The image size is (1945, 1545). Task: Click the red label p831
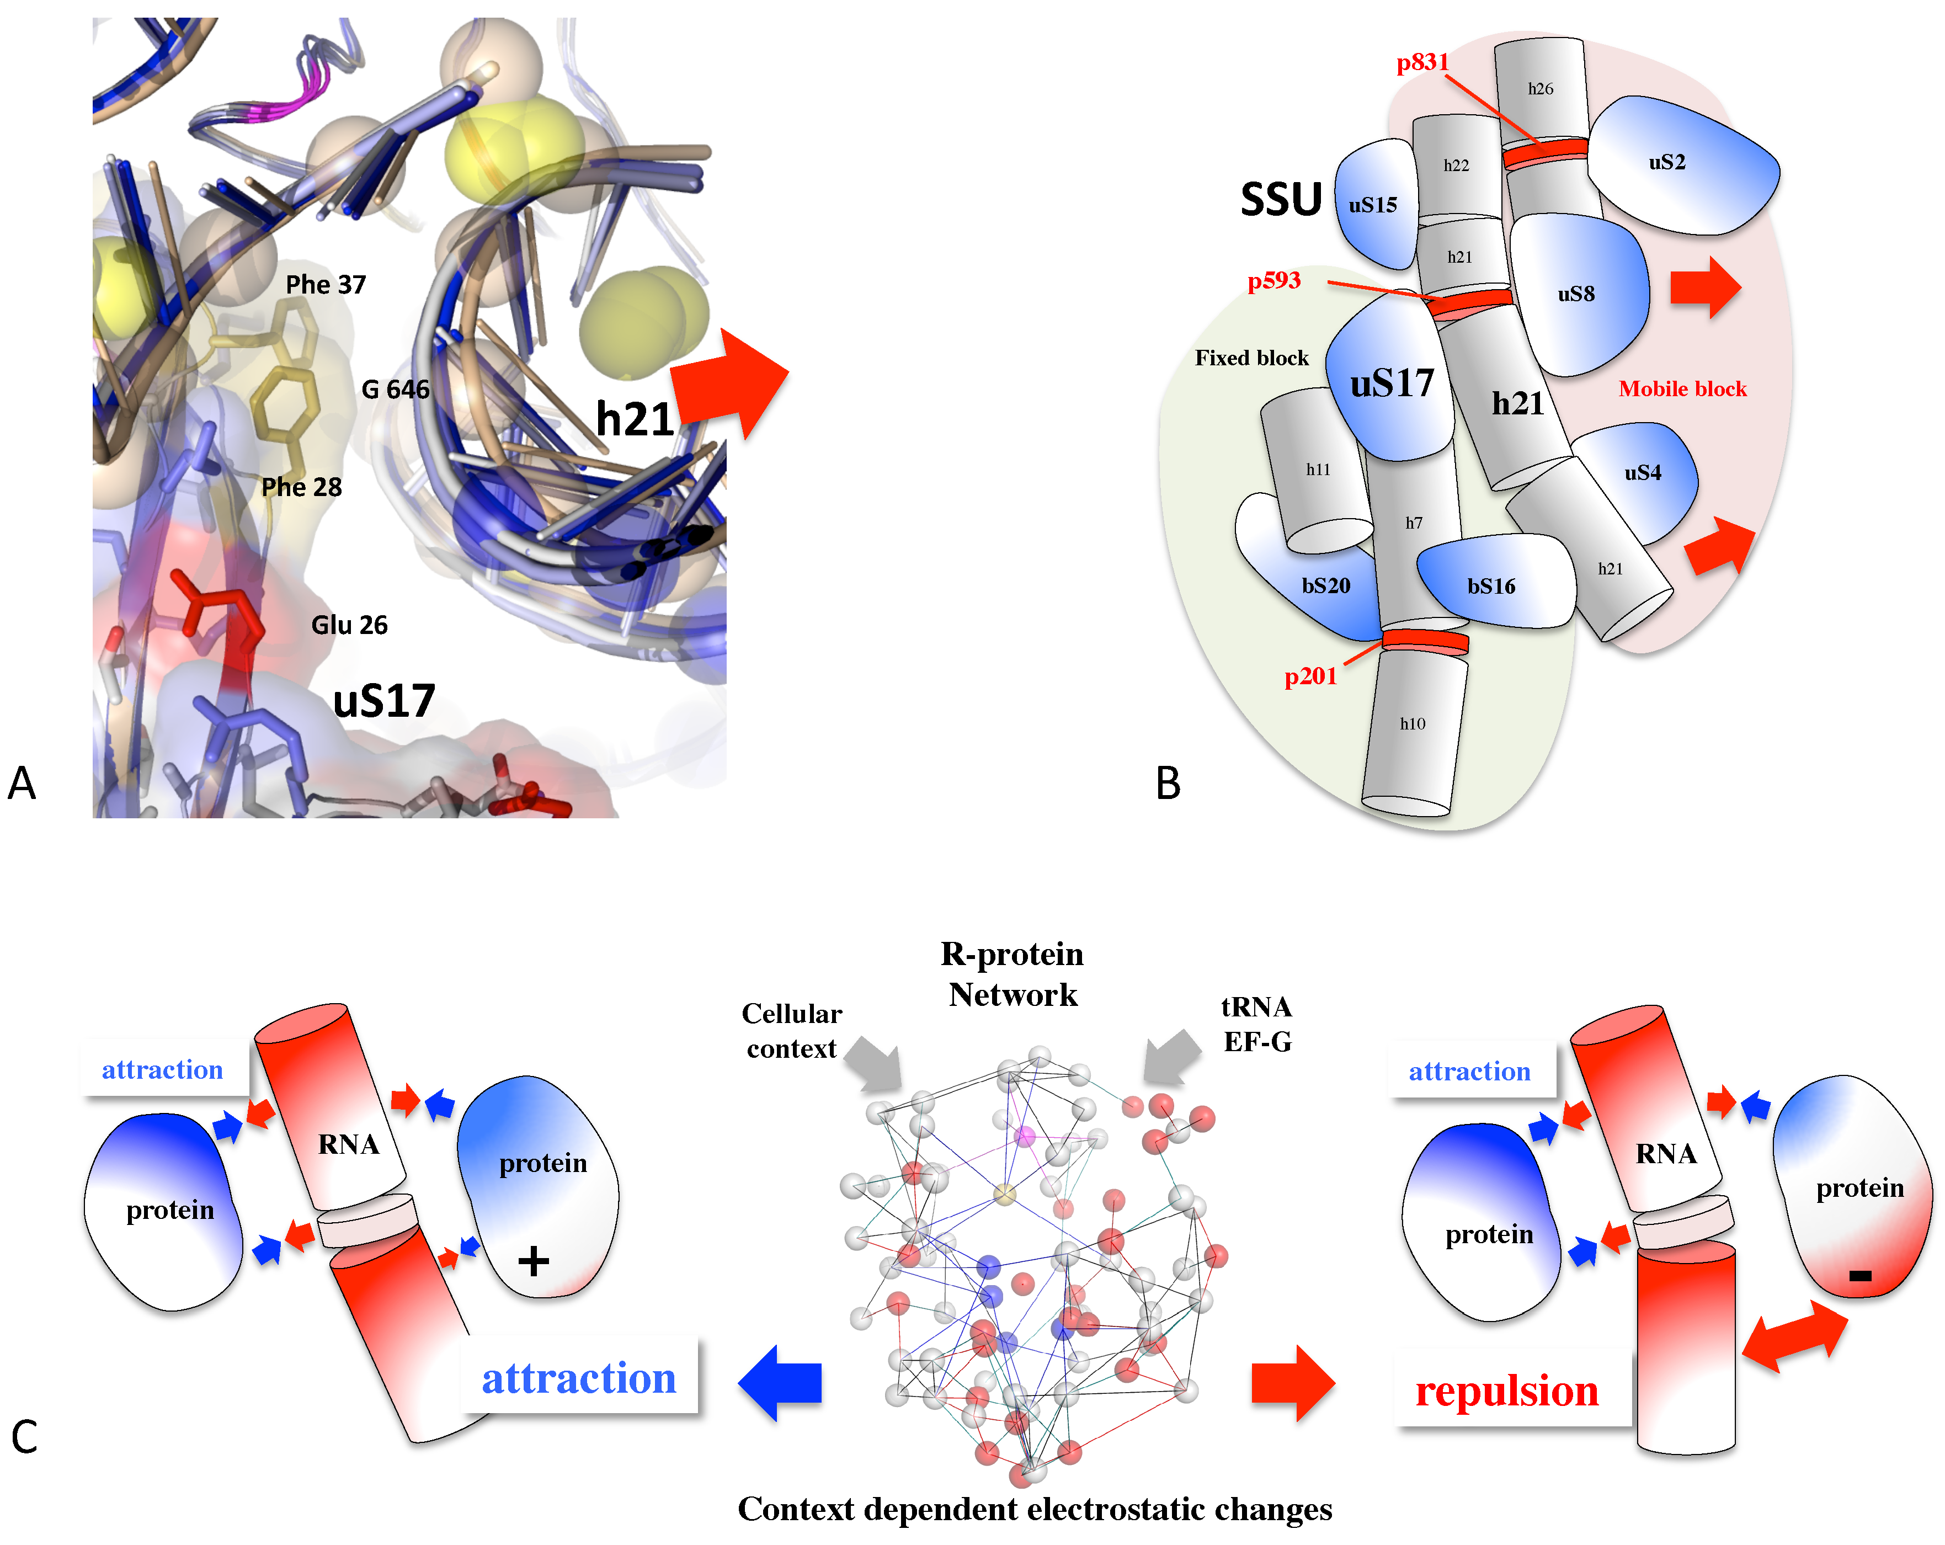point(1422,62)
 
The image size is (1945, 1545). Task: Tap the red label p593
point(1274,280)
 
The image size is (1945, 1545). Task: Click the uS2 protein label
point(1666,162)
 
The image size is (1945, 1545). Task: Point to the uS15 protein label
point(1372,206)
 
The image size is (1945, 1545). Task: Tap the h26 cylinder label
point(1540,88)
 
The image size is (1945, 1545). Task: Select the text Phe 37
point(326,285)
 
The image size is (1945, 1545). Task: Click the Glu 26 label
point(349,625)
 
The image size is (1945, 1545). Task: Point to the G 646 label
point(395,390)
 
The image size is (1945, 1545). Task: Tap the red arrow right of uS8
point(1704,287)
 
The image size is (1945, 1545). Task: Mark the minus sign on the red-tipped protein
point(1859,1275)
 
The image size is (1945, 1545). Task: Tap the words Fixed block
point(1251,358)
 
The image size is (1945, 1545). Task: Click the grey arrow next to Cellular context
point(875,1063)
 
